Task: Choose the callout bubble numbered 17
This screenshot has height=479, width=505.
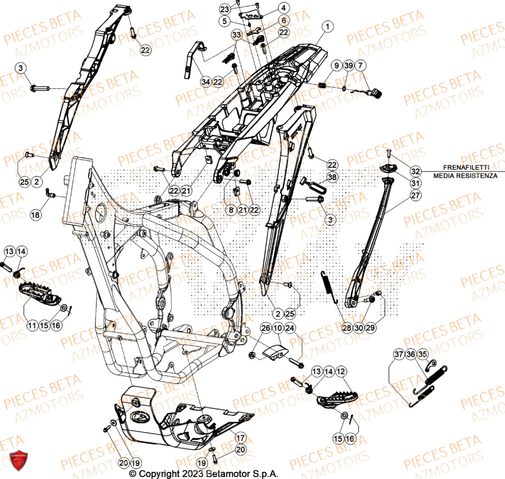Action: (240, 425)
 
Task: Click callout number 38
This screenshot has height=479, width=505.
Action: (331, 177)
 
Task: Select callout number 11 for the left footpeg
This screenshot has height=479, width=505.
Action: (32, 326)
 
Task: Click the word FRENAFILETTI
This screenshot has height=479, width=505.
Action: (465, 167)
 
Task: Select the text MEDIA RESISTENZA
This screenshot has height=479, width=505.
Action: (465, 175)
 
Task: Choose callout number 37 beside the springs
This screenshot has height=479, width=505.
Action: (399, 355)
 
